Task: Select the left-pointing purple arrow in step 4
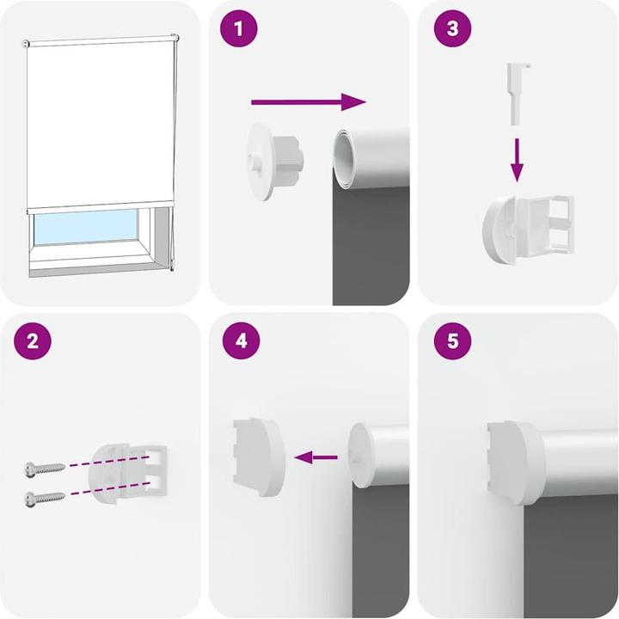click(x=316, y=457)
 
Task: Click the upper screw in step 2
click(x=45, y=469)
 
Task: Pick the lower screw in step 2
click(x=45, y=497)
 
